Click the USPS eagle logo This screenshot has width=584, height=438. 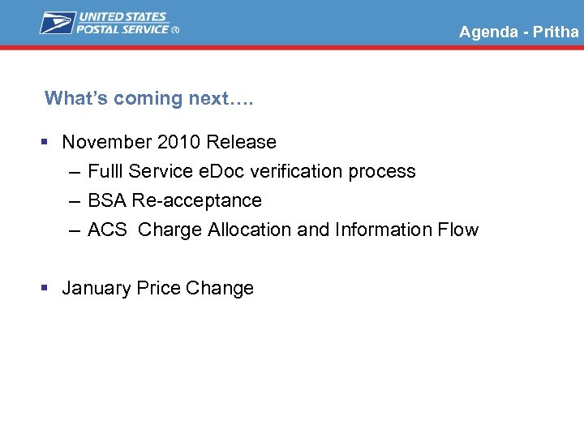(x=57, y=23)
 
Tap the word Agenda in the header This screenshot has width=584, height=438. (x=488, y=32)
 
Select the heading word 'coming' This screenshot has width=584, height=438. (x=148, y=99)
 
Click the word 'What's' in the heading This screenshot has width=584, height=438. (x=76, y=99)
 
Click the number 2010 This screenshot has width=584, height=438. (x=178, y=142)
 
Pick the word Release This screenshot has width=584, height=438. (x=241, y=142)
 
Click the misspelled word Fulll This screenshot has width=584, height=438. (x=105, y=171)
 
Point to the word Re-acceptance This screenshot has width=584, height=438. (x=197, y=200)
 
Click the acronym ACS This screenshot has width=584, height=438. (x=107, y=230)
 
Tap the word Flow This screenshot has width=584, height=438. (x=458, y=230)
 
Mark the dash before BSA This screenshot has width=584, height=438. (x=75, y=201)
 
